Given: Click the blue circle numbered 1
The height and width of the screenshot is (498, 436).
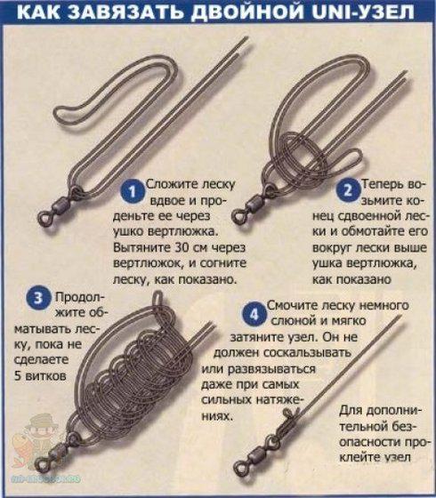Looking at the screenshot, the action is [133, 191].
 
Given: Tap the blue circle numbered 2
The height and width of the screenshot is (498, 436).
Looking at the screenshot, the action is [348, 190].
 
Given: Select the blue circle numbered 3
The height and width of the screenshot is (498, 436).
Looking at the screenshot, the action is [38, 298].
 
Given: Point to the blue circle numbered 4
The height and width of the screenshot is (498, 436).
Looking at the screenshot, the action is [254, 314].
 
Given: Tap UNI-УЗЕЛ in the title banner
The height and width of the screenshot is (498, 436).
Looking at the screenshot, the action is [363, 12].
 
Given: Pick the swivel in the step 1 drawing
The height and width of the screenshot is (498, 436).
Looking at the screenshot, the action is [58, 208].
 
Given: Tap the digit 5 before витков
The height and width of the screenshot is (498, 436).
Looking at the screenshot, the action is [18, 376].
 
